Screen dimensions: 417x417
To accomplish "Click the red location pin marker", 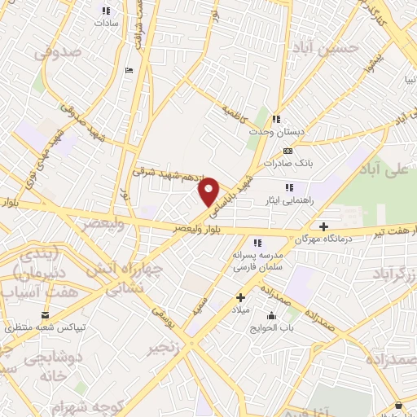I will pos(209,191).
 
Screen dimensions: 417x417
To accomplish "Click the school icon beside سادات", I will pos(105,10).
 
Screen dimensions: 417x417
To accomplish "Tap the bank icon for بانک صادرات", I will pos(287,151).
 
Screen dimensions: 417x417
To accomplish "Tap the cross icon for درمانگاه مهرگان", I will pos(324,226).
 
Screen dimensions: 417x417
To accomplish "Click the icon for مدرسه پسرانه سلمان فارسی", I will pos(257,243).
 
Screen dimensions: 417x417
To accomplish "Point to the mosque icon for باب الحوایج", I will pos(271,315).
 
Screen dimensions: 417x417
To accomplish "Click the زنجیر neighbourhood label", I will pos(163,349).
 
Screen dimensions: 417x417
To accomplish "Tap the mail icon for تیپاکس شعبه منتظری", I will pos(46,314).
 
